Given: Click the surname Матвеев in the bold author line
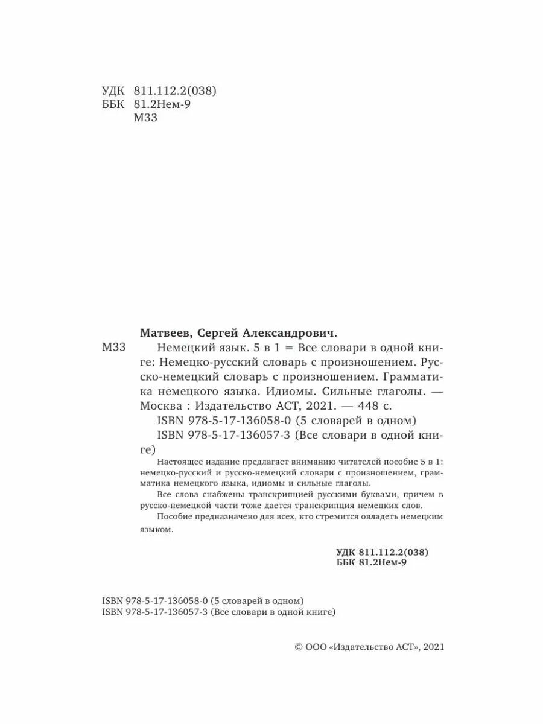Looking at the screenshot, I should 164,332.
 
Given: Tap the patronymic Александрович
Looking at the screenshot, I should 291,332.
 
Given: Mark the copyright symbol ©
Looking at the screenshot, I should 297,646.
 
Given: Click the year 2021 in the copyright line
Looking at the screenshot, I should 433,646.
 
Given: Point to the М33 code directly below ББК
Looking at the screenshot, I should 144,118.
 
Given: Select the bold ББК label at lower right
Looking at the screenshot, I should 345,563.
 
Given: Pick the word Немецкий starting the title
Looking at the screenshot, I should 184,348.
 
